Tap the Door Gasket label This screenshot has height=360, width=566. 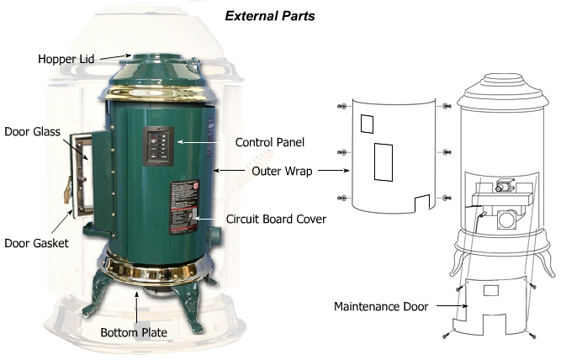click(35, 243)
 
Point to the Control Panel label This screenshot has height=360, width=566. click(269, 142)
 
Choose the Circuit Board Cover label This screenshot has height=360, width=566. click(276, 219)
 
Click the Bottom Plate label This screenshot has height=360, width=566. click(134, 332)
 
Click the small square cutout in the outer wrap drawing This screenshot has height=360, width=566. click(367, 124)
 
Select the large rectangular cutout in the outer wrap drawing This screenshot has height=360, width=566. click(383, 162)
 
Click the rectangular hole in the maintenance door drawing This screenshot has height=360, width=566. click(491, 289)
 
